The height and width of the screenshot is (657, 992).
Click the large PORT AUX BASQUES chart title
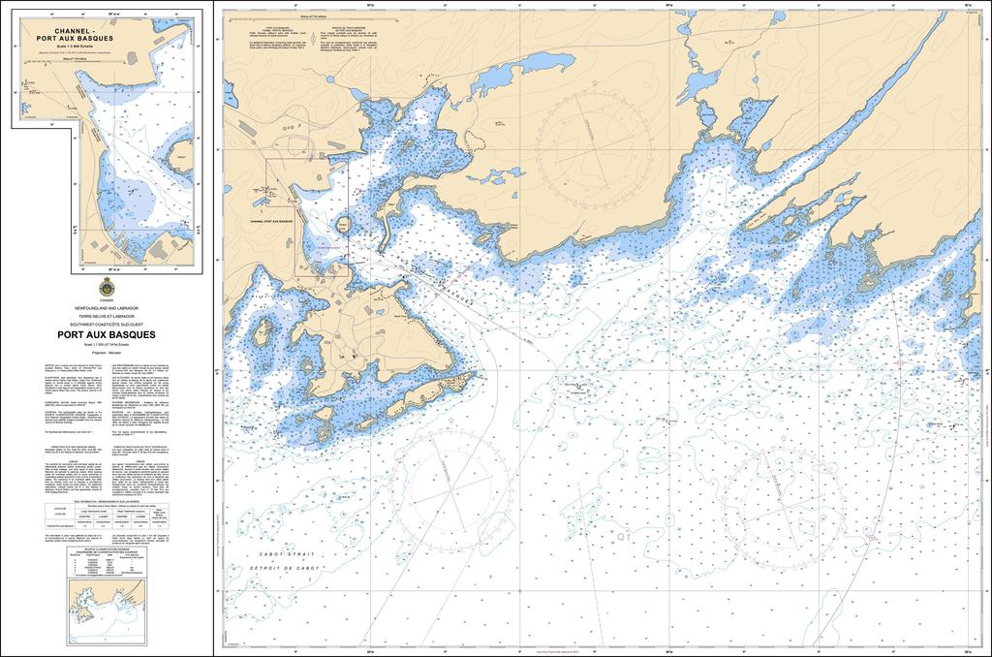pyautogui.click(x=107, y=334)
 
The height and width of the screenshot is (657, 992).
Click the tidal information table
pyautogui.click(x=107, y=514)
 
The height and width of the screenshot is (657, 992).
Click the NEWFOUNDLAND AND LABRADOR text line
pyautogui.click(x=107, y=306)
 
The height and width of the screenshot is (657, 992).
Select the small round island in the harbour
pyautogui.click(x=342, y=225)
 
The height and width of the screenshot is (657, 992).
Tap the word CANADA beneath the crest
pyautogui.click(x=107, y=298)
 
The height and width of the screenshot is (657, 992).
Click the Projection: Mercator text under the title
pyautogui.click(x=107, y=354)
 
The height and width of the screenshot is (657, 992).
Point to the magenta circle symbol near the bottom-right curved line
pyautogui.click(x=876, y=537)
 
